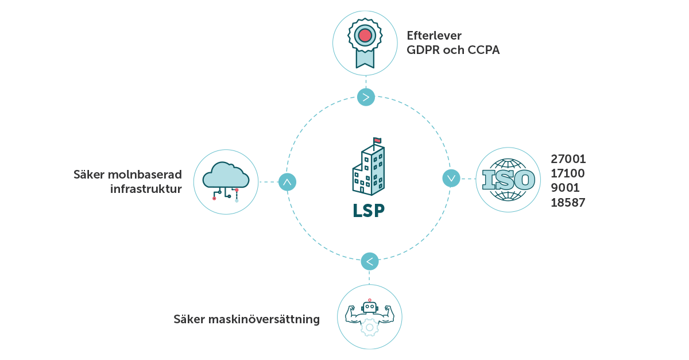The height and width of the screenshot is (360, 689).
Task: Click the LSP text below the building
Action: click(368, 210)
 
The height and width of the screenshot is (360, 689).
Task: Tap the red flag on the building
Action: click(377, 140)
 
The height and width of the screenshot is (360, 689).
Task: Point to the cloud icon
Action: click(226, 179)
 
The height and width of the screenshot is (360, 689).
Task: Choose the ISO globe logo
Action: click(508, 180)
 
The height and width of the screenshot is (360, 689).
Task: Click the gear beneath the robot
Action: click(369, 327)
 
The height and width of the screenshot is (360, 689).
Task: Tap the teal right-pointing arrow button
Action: click(366, 97)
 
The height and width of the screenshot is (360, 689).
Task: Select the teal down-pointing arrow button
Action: click(451, 178)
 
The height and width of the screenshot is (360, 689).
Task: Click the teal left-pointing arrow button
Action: click(370, 261)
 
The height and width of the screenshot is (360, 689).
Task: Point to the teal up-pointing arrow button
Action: click(287, 182)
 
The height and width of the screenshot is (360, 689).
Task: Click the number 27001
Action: click(568, 159)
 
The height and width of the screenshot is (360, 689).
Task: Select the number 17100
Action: click(567, 173)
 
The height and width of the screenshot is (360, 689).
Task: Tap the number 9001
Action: click(565, 188)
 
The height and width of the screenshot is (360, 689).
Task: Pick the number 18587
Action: click(567, 202)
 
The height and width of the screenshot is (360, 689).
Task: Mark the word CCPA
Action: click(483, 50)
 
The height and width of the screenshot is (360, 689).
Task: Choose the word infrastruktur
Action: click(146, 189)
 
